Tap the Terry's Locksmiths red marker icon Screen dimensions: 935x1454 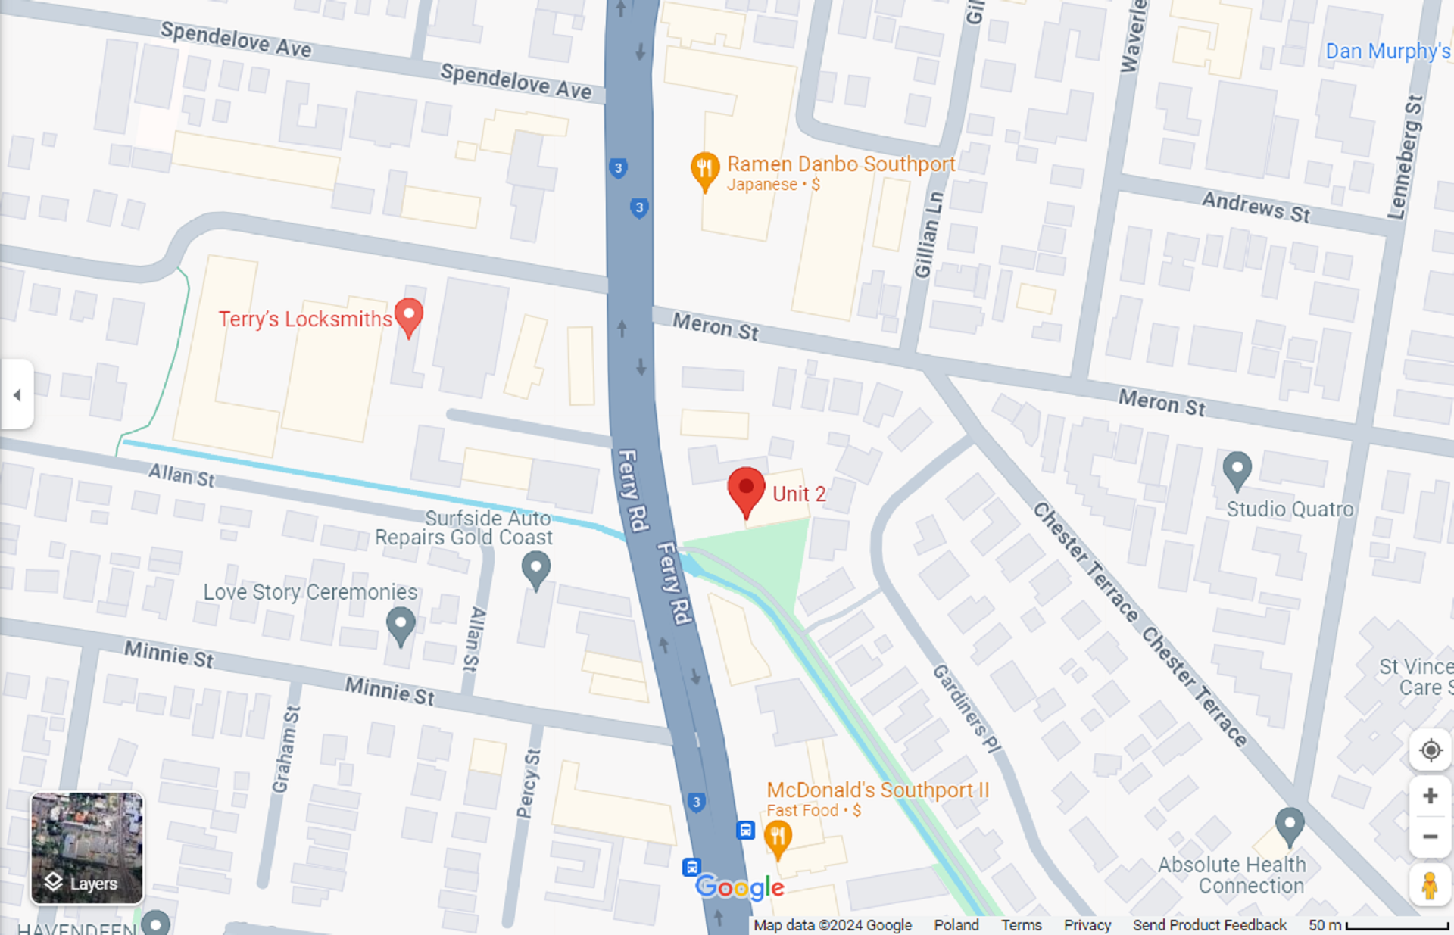pos(409,316)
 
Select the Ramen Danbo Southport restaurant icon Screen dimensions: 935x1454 pos(704,170)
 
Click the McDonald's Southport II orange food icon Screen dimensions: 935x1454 pos(778,839)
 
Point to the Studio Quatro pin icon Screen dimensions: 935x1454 pos(1237,469)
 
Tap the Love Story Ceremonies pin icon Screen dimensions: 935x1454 pos(401,625)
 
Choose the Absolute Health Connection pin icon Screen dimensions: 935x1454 pos(1289,824)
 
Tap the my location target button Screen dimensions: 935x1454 pos(1430,750)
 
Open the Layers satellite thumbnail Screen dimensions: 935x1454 pos(86,848)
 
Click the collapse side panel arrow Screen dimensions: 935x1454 pos(17,394)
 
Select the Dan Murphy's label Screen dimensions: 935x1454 pos(1387,51)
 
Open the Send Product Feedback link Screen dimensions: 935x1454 pos(1209,924)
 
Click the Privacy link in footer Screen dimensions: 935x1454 pos(1087,924)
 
